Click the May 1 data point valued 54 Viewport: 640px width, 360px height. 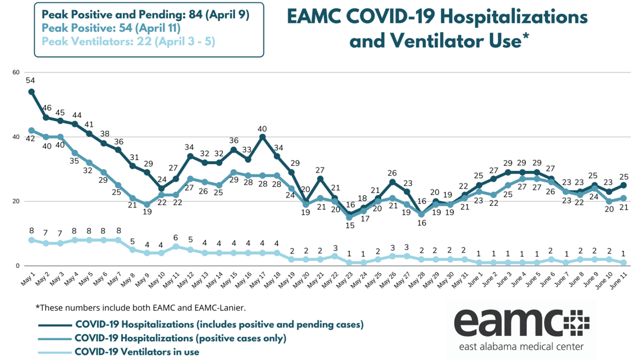point(31,91)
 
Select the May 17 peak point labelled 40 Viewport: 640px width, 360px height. point(262,137)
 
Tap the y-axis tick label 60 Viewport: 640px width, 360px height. point(15,72)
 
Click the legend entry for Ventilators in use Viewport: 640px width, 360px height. point(137,352)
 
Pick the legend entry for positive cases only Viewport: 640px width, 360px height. point(180,338)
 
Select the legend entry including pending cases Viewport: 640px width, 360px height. point(219,324)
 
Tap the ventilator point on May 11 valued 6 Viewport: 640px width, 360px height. point(175,246)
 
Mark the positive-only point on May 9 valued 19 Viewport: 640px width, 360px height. point(147,205)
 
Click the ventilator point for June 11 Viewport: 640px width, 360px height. point(624,262)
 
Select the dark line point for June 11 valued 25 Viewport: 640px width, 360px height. point(624,185)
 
